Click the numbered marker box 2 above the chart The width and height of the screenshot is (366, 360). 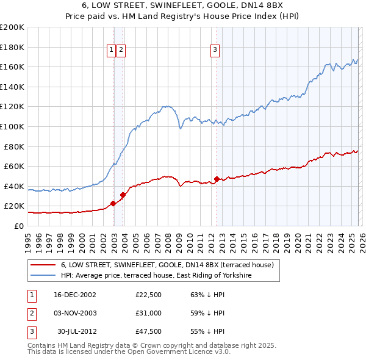click(121, 51)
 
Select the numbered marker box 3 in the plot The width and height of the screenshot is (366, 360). click(215, 51)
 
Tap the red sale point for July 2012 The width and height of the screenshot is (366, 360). click(217, 179)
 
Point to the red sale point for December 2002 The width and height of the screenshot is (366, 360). click(113, 204)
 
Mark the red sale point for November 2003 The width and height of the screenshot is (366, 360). click(123, 195)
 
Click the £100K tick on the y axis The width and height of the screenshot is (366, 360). click(12, 126)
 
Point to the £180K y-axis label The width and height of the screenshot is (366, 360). click(12, 47)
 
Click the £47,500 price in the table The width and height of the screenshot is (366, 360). click(148, 333)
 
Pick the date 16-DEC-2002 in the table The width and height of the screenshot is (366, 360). click(75, 295)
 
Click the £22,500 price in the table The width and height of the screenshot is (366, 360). click(148, 295)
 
